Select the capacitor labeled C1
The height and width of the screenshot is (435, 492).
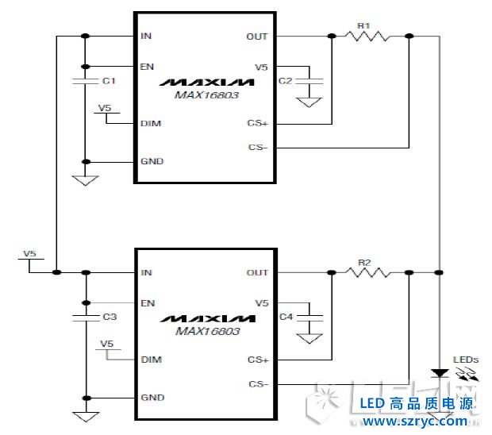pyautogui.click(x=84, y=81)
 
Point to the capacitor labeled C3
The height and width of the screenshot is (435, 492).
pyautogui.click(x=84, y=317)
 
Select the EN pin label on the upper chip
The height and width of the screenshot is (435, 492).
pyautogui.click(x=147, y=66)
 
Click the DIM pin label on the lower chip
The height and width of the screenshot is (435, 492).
pyautogui.click(x=151, y=360)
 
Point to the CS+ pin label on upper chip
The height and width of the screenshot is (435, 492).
pyautogui.click(x=258, y=123)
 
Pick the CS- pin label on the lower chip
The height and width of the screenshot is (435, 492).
pyautogui.click(x=258, y=384)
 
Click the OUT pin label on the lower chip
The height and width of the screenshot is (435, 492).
pyautogui.click(x=257, y=273)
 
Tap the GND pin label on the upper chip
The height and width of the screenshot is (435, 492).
pyautogui.click(x=152, y=161)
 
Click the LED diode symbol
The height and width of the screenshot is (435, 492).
pyautogui.click(x=437, y=373)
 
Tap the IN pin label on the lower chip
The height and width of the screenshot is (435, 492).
pyautogui.click(x=146, y=273)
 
